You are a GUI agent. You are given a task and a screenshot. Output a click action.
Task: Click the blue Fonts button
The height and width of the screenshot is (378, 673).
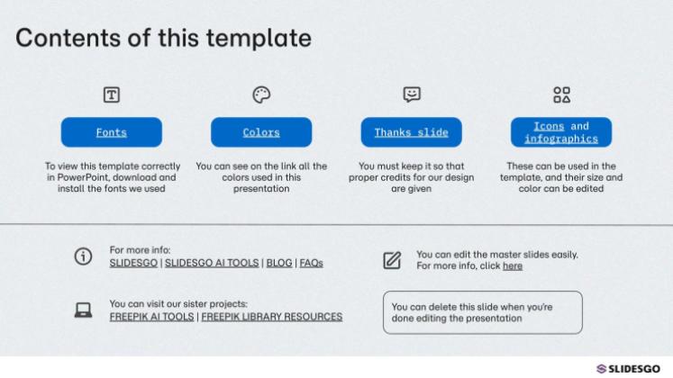click(112, 132)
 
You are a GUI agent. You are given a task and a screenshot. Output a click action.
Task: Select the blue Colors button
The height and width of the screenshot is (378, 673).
click(261, 132)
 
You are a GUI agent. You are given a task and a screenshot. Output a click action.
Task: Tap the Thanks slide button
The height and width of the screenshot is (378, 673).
click(411, 132)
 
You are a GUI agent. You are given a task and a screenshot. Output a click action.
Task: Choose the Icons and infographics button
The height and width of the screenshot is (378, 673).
click(560, 132)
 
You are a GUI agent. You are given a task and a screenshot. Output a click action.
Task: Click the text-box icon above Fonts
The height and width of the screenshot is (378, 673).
click(112, 94)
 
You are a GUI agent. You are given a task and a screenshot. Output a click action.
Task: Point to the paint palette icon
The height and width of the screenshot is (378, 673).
click(261, 94)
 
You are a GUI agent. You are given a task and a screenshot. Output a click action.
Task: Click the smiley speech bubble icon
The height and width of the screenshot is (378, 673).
click(411, 94)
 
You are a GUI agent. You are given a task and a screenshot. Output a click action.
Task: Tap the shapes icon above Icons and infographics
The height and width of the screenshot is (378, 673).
click(561, 94)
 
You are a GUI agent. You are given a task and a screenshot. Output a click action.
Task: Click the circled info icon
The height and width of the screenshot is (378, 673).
click(82, 256)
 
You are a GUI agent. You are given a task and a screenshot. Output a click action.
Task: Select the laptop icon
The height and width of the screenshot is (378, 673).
click(83, 310)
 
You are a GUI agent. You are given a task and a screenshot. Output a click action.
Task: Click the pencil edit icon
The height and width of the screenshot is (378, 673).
click(392, 261)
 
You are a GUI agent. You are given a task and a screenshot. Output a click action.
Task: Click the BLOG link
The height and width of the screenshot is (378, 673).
click(279, 264)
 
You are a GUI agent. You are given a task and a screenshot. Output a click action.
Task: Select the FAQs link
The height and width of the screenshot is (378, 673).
click(312, 264)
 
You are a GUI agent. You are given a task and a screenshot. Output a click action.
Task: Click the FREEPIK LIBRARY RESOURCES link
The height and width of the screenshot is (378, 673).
click(272, 317)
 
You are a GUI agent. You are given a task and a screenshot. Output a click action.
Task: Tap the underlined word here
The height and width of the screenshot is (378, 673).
click(513, 266)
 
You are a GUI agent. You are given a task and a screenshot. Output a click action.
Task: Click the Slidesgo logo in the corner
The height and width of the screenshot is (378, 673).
click(628, 369)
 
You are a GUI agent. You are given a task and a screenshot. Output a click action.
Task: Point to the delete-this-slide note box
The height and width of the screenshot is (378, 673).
click(482, 312)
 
